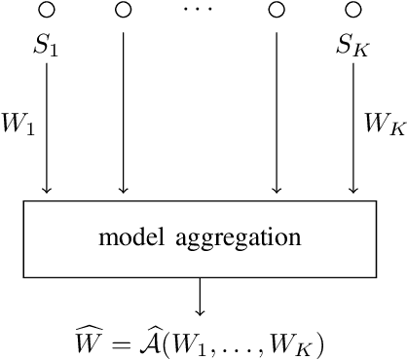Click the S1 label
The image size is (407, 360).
tap(47, 46)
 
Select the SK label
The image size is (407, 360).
tap(352, 46)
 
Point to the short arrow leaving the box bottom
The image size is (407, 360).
tap(200, 297)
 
